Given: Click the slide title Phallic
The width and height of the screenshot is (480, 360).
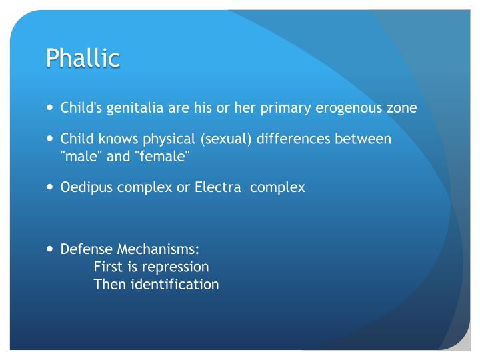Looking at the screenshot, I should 83,57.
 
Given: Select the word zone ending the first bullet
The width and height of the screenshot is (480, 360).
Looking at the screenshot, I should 403,107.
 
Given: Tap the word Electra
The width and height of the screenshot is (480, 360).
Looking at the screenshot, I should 217,187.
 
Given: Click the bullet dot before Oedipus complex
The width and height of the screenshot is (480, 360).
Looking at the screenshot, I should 51,187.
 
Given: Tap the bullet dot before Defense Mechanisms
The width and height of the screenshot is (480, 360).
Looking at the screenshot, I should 51,250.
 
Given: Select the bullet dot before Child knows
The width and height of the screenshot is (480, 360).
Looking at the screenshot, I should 51,139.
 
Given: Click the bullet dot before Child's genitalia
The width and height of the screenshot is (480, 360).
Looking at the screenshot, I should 51,107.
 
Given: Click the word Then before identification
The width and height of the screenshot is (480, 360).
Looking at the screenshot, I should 109,284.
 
